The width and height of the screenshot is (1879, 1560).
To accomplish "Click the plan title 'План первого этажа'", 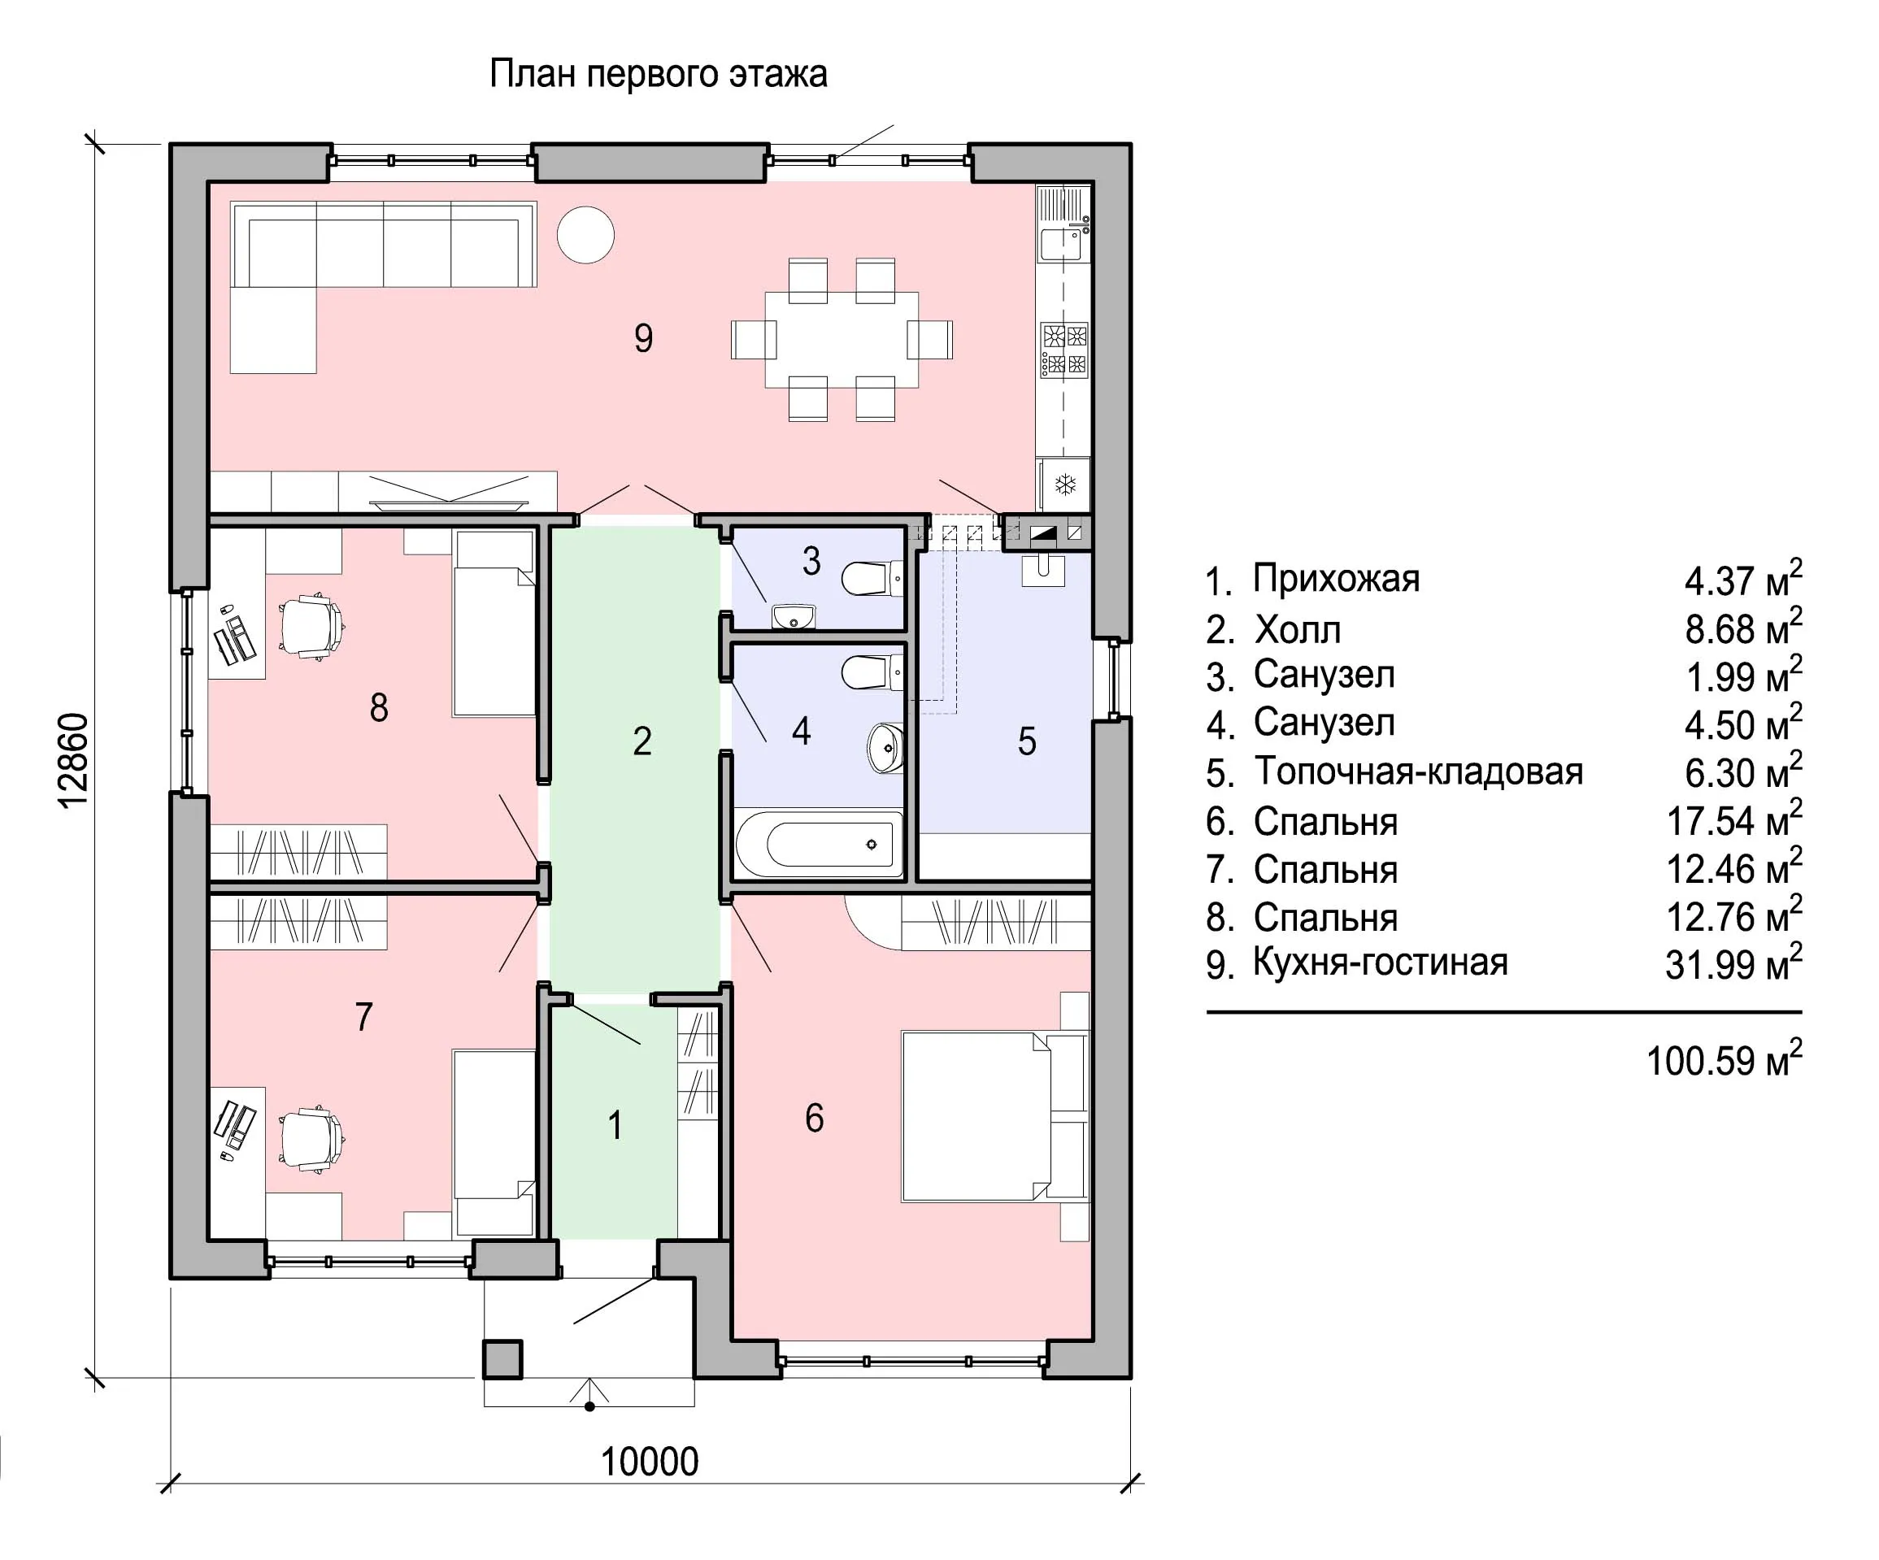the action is pyautogui.click(x=658, y=74).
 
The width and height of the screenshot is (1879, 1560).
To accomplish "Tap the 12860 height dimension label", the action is pyautogui.click(x=73, y=760).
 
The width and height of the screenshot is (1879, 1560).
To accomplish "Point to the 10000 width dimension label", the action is pyautogui.click(x=649, y=1462).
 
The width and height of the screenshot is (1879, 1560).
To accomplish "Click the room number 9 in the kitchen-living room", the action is pyautogui.click(x=643, y=338).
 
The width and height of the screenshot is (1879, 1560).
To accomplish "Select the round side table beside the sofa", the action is pyautogui.click(x=586, y=234).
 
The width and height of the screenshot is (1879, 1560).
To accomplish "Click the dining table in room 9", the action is pyautogui.click(x=842, y=340).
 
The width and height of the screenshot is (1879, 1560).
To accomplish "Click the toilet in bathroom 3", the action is pyautogui.click(x=872, y=579).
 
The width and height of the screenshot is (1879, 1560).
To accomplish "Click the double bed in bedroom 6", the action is pyautogui.click(x=995, y=1115).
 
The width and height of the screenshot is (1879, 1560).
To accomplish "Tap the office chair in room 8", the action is pyautogui.click(x=311, y=626).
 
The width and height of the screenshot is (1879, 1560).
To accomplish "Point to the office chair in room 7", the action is pyautogui.click(x=311, y=1139).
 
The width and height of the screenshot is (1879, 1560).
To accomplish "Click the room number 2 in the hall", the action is pyautogui.click(x=642, y=741).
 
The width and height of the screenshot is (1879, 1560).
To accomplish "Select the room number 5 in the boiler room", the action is pyautogui.click(x=1027, y=741).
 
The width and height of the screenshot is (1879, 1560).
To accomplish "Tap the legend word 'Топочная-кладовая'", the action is pyautogui.click(x=1418, y=771).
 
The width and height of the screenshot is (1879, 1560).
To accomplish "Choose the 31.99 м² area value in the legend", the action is pyautogui.click(x=1733, y=963).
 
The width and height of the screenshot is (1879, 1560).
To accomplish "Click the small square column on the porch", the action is pyautogui.click(x=502, y=1358).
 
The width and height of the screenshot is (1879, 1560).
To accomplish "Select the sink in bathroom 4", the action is pyautogui.click(x=885, y=747).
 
